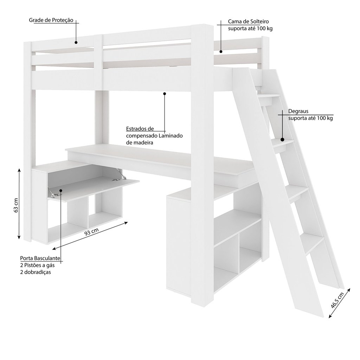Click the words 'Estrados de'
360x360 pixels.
tap(140, 129)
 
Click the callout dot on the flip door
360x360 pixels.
tap(61, 192)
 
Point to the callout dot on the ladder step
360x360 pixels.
tap(282, 139)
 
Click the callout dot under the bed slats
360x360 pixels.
tap(165, 94)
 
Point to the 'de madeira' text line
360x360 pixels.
tap(140, 143)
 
